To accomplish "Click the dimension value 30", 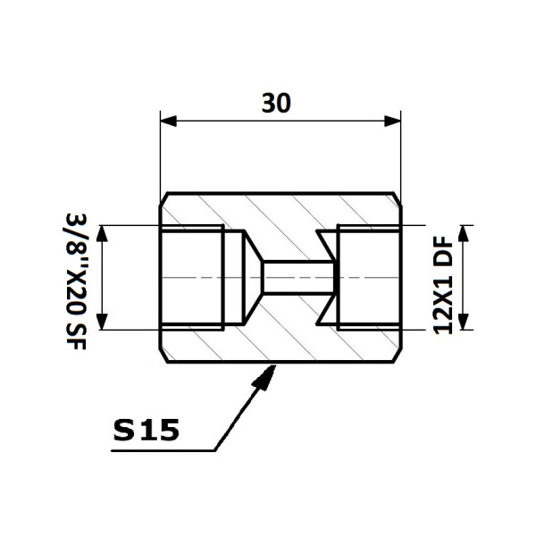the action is coord(276,103).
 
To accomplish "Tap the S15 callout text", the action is coord(146,430).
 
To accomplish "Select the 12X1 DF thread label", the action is coord(443,285).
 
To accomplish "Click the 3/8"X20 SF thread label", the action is coord(76,281).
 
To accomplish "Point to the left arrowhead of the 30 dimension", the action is coord(168,121).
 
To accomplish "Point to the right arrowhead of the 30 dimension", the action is coord(392,121).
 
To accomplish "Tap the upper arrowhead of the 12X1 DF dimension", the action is coord(463,233).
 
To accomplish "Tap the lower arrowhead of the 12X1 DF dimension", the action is coord(463,322).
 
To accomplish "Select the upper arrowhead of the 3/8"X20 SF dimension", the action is coord(102,233).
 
